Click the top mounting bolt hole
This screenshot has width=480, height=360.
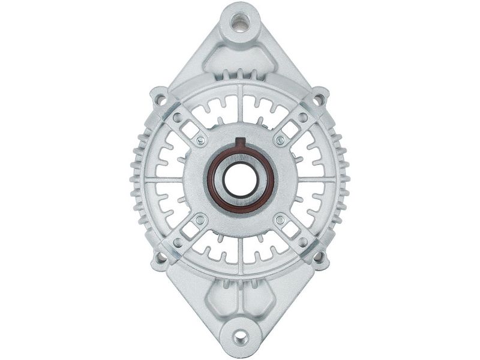(240, 23)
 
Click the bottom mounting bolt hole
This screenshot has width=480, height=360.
(240, 338)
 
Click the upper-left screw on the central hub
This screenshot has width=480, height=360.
(200, 140)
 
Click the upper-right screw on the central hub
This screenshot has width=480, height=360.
(280, 140)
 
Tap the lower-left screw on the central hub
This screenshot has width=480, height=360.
(200, 220)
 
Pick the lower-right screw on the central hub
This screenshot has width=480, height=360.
(280, 220)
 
